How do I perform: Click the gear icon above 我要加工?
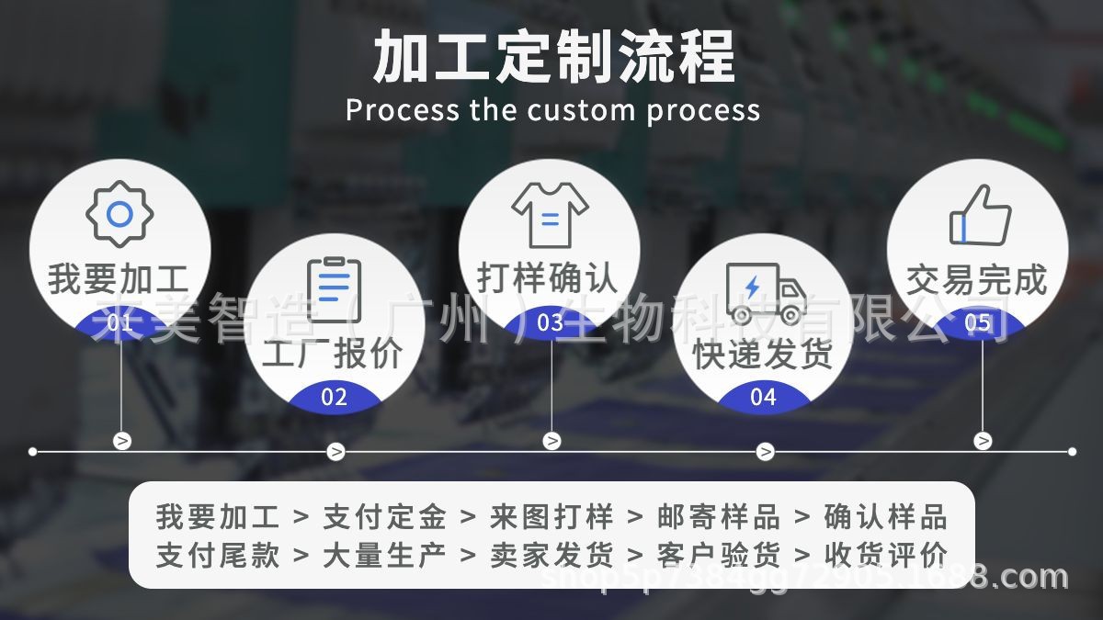[119, 214]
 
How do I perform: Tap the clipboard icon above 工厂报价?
[334, 289]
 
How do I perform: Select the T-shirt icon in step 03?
[550, 215]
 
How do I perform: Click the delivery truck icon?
[764, 293]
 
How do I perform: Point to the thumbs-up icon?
[980, 215]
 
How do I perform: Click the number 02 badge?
[335, 397]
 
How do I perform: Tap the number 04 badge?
[764, 397]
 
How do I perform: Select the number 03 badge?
[550, 322]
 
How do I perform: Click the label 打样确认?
[548, 277]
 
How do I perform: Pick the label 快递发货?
[763, 354]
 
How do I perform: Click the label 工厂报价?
[333, 354]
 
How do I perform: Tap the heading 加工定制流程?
[554, 57]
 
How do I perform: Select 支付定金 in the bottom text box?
[384, 517]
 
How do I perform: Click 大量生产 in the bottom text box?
[384, 555]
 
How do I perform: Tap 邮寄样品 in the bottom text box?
[719, 517]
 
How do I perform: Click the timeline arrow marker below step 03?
[551, 441]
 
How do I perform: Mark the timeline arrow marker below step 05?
[983, 441]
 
